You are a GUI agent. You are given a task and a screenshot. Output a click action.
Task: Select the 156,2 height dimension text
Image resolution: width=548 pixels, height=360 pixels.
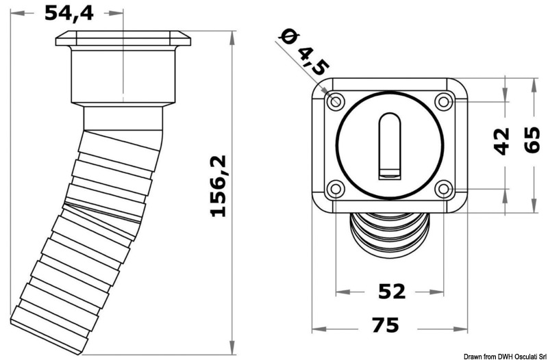point(219,186)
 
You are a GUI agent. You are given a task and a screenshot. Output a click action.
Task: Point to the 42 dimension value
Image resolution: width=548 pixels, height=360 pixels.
point(503,141)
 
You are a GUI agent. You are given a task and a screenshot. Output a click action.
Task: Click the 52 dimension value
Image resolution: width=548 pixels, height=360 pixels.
point(391,292)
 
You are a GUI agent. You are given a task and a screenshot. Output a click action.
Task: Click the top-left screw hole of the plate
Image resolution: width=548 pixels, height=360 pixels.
point(336,101)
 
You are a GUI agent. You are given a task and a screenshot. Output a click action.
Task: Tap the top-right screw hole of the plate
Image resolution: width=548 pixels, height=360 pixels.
point(443,102)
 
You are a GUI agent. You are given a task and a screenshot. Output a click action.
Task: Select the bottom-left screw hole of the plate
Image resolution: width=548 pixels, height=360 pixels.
point(336,188)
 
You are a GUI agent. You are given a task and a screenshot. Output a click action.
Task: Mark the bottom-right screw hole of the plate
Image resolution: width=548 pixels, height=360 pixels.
point(443,188)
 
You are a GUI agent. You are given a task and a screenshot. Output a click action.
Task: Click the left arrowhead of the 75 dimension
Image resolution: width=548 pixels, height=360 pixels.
point(315,323)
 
